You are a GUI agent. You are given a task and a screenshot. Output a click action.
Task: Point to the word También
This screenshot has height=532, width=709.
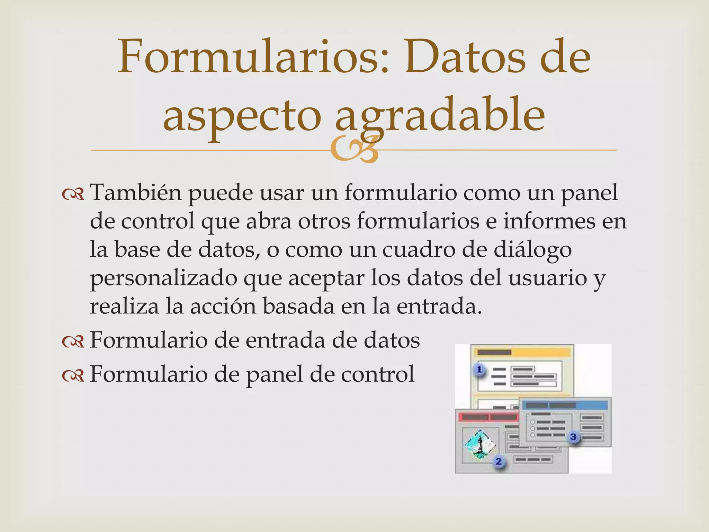[136, 193]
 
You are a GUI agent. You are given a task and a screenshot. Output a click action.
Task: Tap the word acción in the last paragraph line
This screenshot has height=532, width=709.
[223, 307]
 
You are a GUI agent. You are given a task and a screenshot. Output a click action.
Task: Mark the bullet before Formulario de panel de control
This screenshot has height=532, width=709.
[73, 376]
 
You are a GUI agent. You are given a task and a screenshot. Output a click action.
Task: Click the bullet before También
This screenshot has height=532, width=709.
[73, 195]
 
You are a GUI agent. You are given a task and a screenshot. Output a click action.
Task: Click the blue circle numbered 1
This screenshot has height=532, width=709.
[479, 370]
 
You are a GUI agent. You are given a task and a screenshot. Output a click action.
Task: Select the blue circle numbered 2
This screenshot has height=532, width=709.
[499, 461]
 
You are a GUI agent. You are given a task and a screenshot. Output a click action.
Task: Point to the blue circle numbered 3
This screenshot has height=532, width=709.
[574, 437]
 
